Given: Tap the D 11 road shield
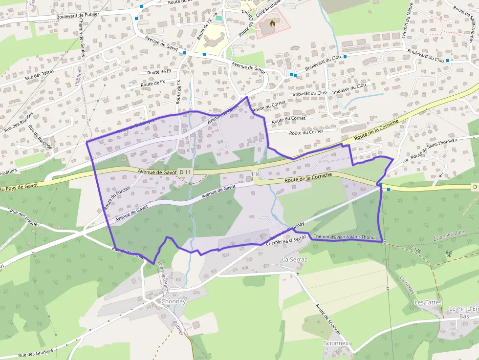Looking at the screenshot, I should click(x=185, y=172).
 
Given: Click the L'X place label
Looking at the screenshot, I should click(x=255, y=174).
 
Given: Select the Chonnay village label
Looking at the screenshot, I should click(x=174, y=301).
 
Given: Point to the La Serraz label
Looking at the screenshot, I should click(x=295, y=259).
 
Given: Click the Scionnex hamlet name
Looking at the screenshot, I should click(x=336, y=343).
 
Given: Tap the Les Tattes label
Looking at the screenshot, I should click(x=428, y=302).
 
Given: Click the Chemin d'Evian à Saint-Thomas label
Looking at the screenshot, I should click(x=346, y=237).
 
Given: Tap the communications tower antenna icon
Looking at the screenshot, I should click(x=449, y=254).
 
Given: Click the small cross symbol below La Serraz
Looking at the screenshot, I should click(x=297, y=274).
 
